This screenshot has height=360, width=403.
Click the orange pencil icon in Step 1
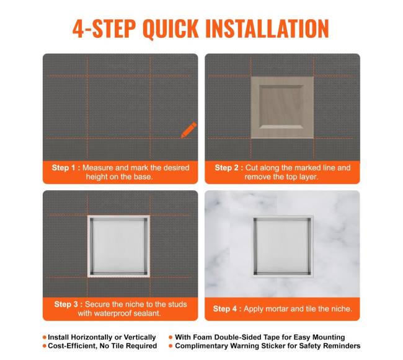188,130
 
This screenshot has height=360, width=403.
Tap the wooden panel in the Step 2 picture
282,107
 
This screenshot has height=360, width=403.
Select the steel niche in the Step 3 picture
119,246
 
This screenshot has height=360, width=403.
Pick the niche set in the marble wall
282,247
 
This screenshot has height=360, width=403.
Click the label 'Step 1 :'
66,168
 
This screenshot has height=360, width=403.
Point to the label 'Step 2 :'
229,168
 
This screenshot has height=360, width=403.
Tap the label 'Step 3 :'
69,304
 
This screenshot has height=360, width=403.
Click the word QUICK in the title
170,29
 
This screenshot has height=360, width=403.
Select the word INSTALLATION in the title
267,29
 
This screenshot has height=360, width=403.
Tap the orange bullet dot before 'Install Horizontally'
45,337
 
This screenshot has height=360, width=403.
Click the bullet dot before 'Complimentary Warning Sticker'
170,346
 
